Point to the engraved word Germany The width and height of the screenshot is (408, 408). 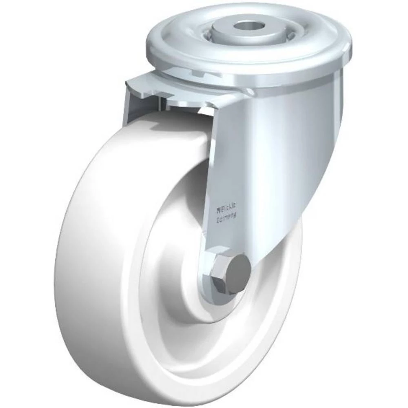tap(228, 219)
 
